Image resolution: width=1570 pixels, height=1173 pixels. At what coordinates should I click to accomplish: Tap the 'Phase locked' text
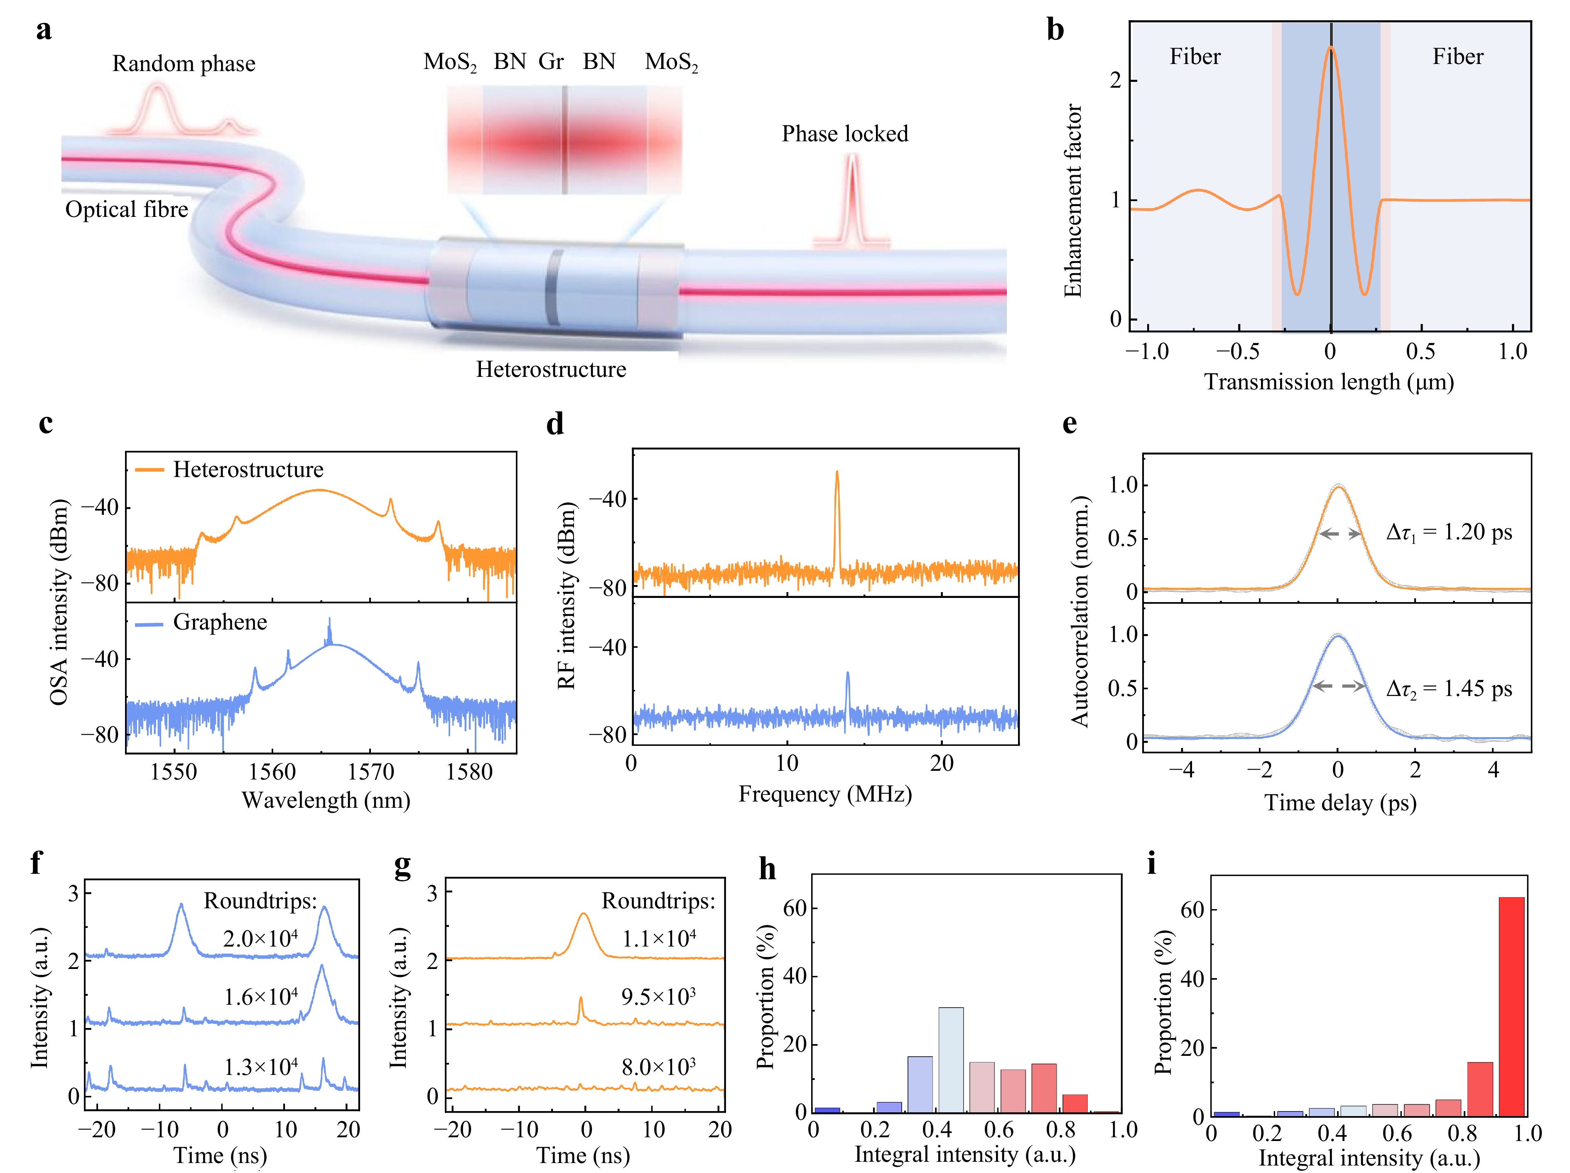tap(845, 133)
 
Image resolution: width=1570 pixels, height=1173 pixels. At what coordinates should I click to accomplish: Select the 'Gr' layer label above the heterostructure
tap(551, 62)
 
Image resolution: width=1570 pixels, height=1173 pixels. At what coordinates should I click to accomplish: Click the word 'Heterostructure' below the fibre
tap(551, 369)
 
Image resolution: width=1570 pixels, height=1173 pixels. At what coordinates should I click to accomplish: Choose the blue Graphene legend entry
tap(201, 622)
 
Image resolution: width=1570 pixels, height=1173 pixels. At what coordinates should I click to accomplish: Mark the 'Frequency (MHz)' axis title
tap(825, 794)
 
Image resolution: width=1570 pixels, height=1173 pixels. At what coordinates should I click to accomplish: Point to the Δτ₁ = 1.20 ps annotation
tap(1449, 533)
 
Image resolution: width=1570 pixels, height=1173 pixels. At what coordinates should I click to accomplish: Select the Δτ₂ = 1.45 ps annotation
tap(1449, 689)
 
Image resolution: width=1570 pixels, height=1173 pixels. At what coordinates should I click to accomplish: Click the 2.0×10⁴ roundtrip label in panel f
tap(260, 939)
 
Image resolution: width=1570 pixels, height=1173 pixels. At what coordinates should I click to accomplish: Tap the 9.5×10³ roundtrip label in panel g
tap(658, 997)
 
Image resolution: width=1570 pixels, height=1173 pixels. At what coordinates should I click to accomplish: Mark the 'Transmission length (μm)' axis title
tap(1329, 382)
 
